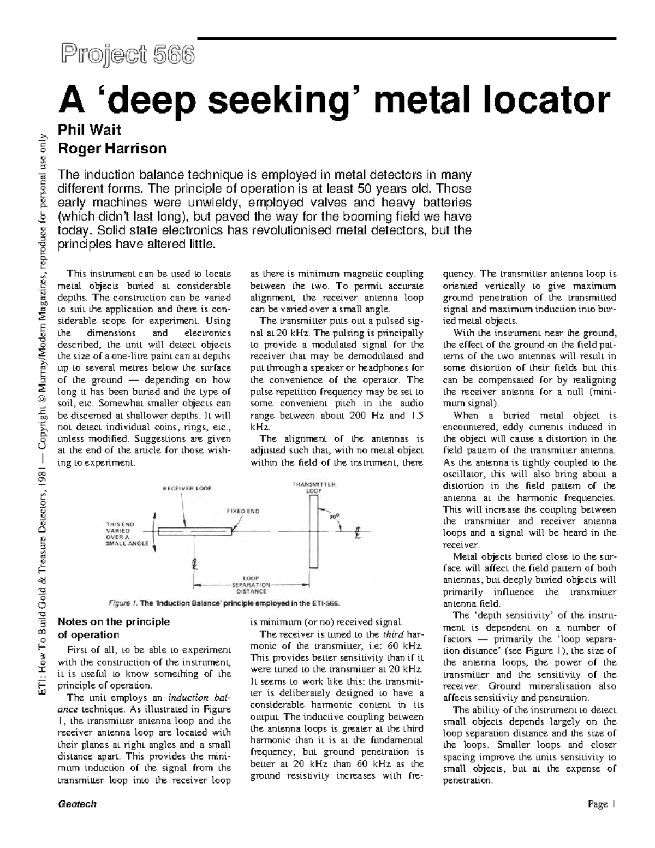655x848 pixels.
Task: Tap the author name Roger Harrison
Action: (112, 148)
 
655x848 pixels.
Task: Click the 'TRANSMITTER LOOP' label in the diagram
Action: (313, 487)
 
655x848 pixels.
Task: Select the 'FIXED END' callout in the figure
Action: (243, 512)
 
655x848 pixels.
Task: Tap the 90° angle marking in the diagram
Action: (334, 514)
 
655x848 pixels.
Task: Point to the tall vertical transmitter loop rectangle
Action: (312, 530)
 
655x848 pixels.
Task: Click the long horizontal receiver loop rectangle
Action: (195, 530)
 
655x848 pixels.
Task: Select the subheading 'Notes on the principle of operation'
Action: (114, 628)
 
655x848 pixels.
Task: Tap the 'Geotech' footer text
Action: (77, 804)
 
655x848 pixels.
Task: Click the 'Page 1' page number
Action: (602, 804)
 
